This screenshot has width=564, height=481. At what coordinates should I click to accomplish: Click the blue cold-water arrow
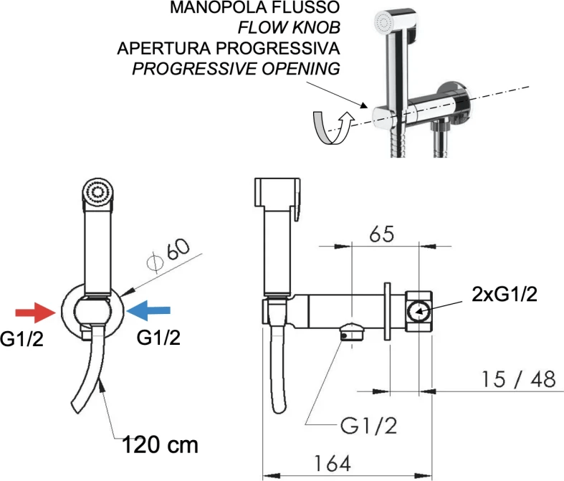tap(149, 310)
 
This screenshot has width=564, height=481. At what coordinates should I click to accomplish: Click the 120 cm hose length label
tap(159, 444)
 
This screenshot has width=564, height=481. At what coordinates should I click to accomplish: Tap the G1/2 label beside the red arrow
tap(22, 339)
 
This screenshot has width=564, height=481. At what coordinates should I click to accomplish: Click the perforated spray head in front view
tap(97, 192)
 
